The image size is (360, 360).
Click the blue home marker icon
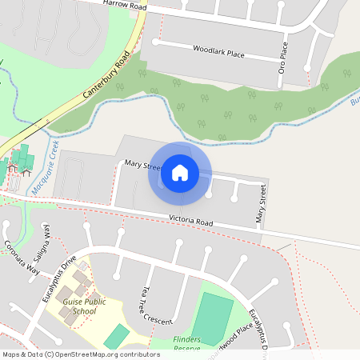coord(179,172)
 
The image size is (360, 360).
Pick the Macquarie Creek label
coord(46,167)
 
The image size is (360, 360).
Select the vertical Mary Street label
coord(260,203)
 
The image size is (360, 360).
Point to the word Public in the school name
coord(94,302)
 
